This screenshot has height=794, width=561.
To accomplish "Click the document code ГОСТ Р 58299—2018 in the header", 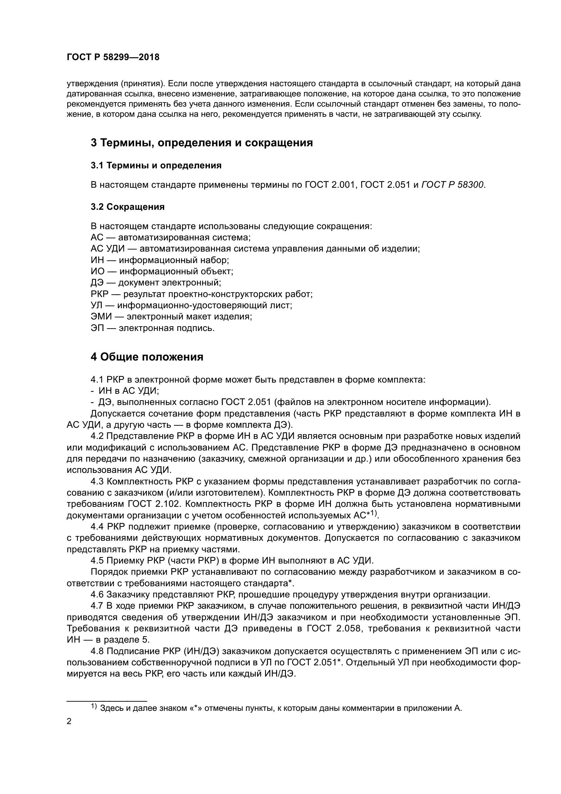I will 113,57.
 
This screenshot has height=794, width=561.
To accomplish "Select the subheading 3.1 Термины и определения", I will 156,166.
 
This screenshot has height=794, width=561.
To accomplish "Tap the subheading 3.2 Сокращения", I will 128,207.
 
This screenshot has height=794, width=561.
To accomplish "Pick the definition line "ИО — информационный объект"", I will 162,271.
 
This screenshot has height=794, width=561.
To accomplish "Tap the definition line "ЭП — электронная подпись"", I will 153,328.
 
